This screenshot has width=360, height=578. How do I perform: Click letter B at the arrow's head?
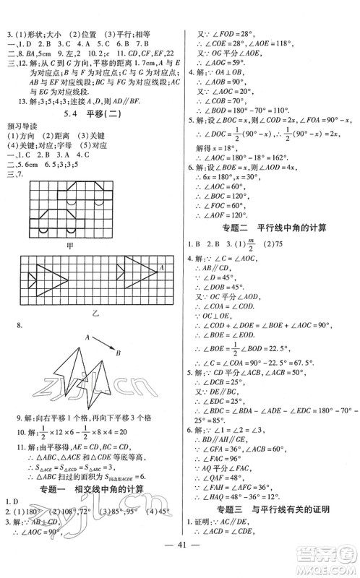pyautogui.click(x=116, y=353)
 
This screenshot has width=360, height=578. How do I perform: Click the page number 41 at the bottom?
pyautogui.click(x=179, y=557)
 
